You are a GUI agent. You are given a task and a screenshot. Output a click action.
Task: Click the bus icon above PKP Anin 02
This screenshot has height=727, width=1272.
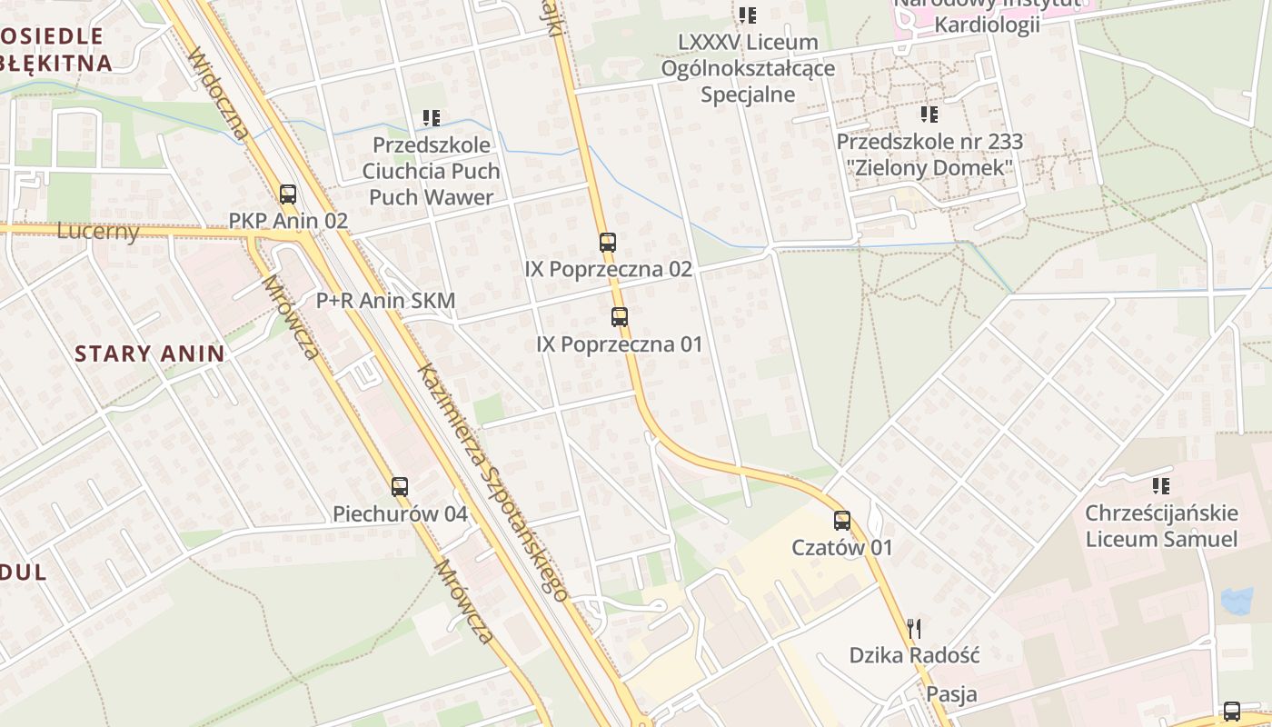288,194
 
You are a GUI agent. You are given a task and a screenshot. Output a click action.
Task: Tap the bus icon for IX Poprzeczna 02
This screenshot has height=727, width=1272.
608,243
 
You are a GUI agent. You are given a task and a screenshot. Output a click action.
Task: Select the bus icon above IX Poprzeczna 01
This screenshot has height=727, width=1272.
620,317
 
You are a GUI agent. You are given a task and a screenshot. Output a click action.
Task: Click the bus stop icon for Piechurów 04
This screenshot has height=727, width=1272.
400,487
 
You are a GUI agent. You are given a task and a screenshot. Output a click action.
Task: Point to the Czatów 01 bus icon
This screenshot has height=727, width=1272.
842,521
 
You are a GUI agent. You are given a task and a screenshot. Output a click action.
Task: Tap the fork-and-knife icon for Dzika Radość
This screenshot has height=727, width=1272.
915,628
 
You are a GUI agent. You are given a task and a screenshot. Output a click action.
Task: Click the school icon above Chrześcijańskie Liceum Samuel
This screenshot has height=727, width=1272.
1161,486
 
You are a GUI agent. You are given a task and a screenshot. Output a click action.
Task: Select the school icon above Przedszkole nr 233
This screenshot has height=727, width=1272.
929,115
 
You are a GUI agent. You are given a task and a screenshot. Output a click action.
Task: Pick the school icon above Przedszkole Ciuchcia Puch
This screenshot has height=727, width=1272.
432,118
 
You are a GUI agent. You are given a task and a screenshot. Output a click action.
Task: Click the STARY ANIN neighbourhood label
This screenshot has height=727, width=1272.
150,354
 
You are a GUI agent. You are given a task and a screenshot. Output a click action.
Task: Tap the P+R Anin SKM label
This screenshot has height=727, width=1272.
385,300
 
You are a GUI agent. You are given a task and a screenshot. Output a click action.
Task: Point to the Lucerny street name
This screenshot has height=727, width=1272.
98,231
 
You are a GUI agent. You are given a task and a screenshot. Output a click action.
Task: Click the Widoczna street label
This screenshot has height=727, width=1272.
218,95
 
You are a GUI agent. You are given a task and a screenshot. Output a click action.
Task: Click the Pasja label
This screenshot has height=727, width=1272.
952,694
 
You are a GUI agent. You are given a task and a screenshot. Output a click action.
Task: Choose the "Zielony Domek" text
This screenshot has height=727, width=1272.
929,168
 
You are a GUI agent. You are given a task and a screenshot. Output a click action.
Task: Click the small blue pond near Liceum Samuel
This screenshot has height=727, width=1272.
1237,600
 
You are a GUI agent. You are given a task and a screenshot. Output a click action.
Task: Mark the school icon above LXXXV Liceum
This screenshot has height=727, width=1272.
748,15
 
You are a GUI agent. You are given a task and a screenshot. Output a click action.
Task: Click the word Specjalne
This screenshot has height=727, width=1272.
748,95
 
